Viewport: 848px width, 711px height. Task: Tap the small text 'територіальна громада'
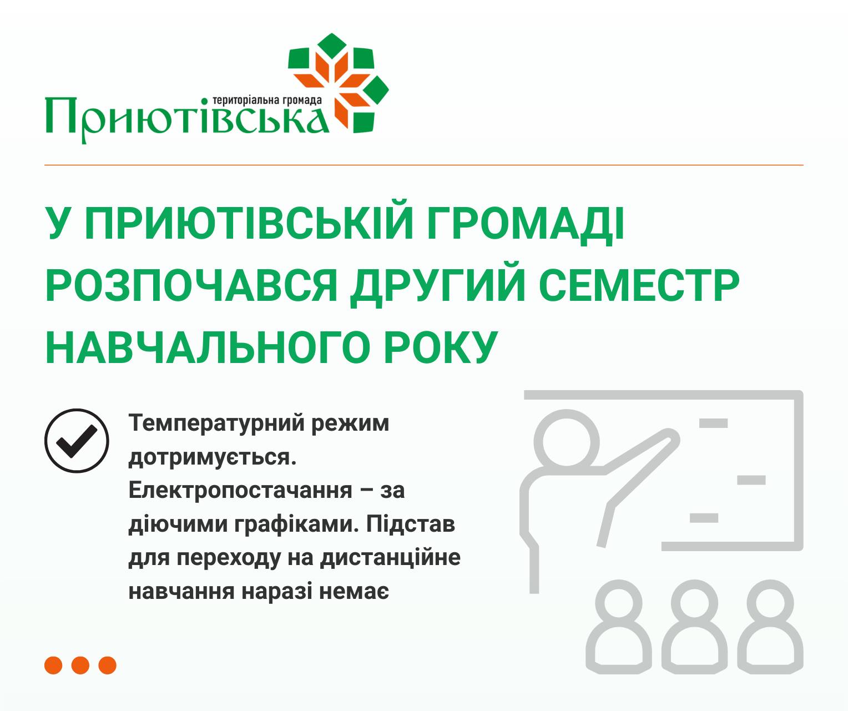267,100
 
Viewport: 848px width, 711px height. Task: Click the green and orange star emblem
339,83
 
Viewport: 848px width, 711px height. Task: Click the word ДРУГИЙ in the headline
438,286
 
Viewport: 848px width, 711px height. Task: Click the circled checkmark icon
77,440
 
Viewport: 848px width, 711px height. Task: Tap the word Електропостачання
240,490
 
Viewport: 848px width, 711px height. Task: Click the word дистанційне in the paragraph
390,558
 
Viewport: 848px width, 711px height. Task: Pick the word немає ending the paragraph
354,592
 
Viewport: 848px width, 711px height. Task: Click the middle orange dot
80,665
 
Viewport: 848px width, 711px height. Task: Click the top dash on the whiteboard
713,423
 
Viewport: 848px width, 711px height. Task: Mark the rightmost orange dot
108,665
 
